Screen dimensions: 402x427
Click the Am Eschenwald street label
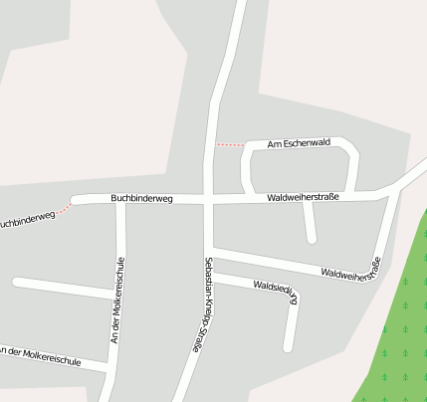click(299, 143)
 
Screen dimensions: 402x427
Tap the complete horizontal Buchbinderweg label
click(141, 199)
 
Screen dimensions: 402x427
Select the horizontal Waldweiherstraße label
click(304, 198)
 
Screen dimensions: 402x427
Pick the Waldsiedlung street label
click(276, 297)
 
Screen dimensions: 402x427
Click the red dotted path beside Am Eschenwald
click(229, 145)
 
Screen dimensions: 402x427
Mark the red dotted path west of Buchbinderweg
click(65, 209)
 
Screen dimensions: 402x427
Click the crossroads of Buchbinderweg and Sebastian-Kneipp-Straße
click(208, 199)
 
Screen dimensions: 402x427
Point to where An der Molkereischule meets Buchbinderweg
click(120, 202)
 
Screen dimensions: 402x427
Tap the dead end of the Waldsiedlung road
click(287, 348)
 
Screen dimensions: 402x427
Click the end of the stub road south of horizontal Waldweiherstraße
click(312, 240)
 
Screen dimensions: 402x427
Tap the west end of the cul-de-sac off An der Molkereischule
click(16, 282)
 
